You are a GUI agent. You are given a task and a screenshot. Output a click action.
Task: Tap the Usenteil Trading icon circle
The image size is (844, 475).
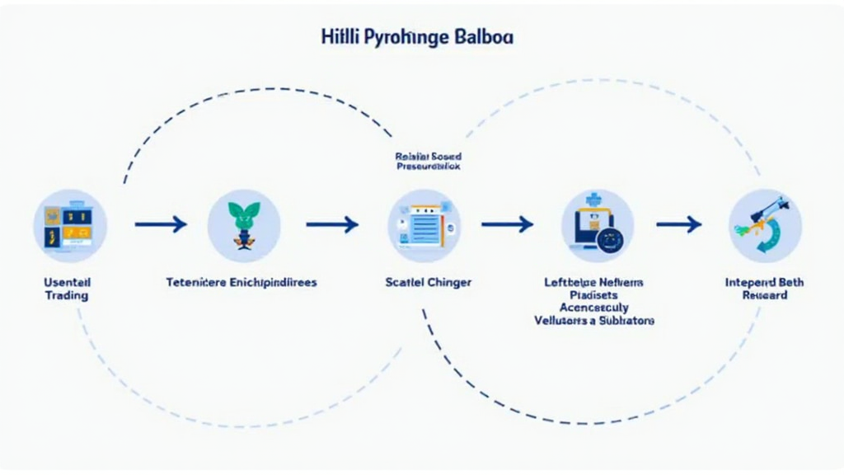(70, 224)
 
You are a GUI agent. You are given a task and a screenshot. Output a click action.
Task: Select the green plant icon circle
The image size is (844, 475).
(244, 224)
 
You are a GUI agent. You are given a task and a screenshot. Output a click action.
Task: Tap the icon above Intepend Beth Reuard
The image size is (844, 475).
(765, 224)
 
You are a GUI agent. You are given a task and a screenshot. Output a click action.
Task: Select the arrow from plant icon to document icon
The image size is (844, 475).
(332, 223)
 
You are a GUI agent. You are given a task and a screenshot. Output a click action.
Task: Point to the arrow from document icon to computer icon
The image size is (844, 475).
(507, 223)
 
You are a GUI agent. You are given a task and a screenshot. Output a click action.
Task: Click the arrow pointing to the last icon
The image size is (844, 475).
(678, 223)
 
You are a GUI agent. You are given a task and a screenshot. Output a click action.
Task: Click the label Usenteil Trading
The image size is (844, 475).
(66, 289)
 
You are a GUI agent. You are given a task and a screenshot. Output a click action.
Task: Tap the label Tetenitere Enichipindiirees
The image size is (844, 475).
(241, 282)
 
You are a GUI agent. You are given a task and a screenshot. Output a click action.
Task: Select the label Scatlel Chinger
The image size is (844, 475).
(428, 282)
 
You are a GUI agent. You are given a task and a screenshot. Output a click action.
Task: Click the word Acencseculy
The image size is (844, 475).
(593, 308)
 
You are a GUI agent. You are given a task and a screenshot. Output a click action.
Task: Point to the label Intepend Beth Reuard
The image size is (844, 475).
(764, 289)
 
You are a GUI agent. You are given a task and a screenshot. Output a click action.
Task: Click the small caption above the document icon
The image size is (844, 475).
(428, 161)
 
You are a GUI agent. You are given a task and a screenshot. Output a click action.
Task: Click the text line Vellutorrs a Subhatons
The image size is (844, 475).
(593, 320)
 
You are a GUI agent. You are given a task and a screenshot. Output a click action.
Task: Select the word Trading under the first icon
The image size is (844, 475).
(66, 295)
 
